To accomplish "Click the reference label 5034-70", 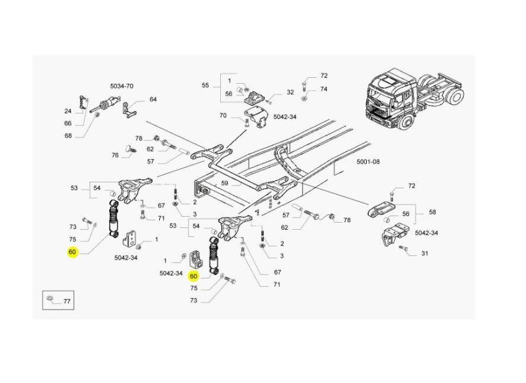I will (121, 86).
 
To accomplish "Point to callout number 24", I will (68, 110).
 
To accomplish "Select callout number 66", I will (68, 123).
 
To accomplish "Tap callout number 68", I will (68, 136).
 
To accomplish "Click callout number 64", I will (153, 99).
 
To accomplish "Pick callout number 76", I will (115, 154).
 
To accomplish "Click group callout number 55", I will (205, 86).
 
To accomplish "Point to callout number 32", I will (290, 92).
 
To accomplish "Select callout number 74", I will (323, 89).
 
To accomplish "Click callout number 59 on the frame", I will (225, 183).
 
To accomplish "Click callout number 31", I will (425, 253).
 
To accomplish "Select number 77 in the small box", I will (66, 302).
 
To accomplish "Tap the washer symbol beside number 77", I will (50, 301).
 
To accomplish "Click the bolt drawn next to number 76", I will (130, 151).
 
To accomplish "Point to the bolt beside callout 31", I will (403, 248).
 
